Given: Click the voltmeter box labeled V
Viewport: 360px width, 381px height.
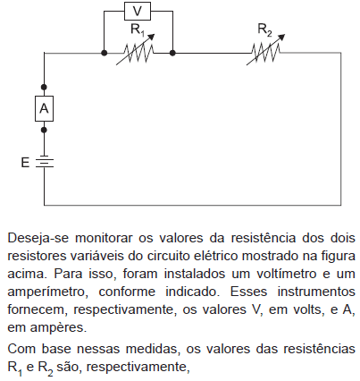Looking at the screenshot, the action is tap(138, 11).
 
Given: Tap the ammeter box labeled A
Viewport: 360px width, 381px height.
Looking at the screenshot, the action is tap(44, 108).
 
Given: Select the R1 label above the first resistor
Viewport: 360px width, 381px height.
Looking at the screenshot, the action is tap(138, 30).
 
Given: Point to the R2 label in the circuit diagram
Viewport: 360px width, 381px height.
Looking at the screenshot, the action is tap(264, 30).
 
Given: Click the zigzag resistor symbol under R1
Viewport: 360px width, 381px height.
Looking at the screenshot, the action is tap(138, 53).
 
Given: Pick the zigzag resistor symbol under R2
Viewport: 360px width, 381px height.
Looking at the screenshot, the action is tap(266, 53).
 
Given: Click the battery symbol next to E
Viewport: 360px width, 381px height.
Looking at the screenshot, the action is tap(45, 162).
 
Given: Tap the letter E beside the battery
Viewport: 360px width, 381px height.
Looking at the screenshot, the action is tap(25, 163).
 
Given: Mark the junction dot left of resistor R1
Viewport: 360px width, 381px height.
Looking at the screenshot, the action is tap(104, 53).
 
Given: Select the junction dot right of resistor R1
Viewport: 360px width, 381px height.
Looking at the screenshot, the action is tap(172, 53).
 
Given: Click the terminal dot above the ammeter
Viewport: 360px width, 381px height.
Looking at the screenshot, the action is tap(44, 87).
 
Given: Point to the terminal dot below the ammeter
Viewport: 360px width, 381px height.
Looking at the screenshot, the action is tap(44, 130).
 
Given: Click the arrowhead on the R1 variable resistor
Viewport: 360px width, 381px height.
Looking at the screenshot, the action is tap(152, 37).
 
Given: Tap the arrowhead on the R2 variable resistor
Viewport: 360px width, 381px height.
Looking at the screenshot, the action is tap(281, 37).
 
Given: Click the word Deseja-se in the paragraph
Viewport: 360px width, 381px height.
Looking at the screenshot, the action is tap(38, 239).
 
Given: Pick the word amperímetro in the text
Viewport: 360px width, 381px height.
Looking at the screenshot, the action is tap(47, 292).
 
